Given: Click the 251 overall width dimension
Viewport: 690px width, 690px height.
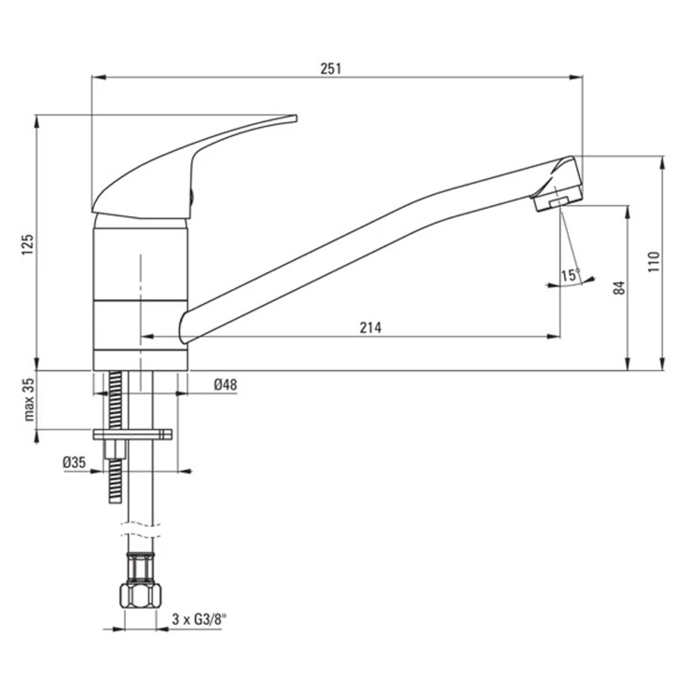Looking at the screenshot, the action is coord(330,69).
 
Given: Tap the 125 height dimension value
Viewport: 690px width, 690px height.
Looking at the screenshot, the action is coord(27,244).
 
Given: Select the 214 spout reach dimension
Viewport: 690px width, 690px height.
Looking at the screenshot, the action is coord(370,327).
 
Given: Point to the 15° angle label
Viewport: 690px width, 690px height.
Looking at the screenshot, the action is coord(571,275).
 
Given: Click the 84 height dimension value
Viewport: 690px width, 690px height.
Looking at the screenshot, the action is coord(619,288).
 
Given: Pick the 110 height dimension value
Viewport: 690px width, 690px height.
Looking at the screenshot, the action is coord(655,261).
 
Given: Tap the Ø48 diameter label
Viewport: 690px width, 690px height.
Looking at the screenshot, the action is coord(226,384).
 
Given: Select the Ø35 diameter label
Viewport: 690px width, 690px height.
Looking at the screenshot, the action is coord(75,462).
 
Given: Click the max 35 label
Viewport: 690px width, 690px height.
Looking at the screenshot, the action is coord(29,399).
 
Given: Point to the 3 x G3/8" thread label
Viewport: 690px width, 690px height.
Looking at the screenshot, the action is coord(199,619).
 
